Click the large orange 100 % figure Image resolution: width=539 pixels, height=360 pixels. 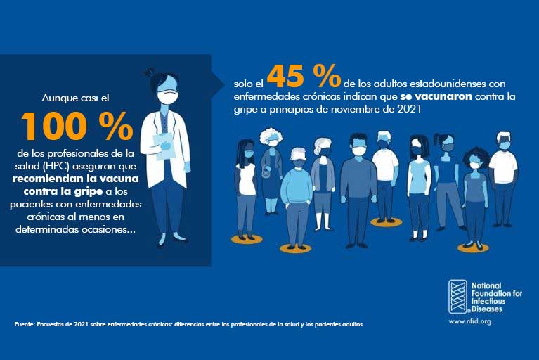tap(77, 126)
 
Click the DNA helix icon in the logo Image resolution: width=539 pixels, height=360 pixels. tap(458, 296)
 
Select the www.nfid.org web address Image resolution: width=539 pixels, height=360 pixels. tap(469, 321)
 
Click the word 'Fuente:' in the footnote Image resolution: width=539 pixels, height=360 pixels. tap(23, 324)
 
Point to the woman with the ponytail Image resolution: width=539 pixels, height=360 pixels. tap(446, 176)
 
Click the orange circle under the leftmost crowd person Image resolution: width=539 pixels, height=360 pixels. tap(247, 239)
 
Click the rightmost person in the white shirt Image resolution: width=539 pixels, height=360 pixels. tap(503, 172)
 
